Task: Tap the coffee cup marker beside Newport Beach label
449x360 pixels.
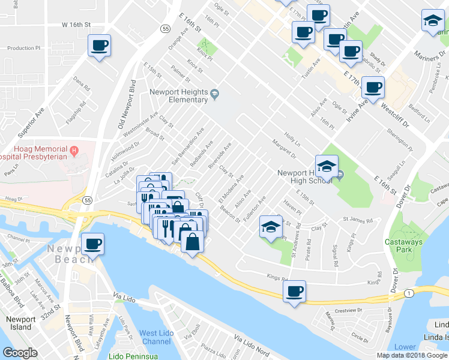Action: (x=92, y=244)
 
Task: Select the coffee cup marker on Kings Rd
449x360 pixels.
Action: (x=294, y=292)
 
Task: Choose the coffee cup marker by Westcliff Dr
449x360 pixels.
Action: (x=373, y=88)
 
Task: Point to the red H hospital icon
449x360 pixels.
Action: (x=74, y=149)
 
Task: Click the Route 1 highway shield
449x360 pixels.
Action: (x=408, y=292)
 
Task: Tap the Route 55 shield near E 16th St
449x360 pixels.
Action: (x=165, y=28)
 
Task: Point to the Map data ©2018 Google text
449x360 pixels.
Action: (x=412, y=355)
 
